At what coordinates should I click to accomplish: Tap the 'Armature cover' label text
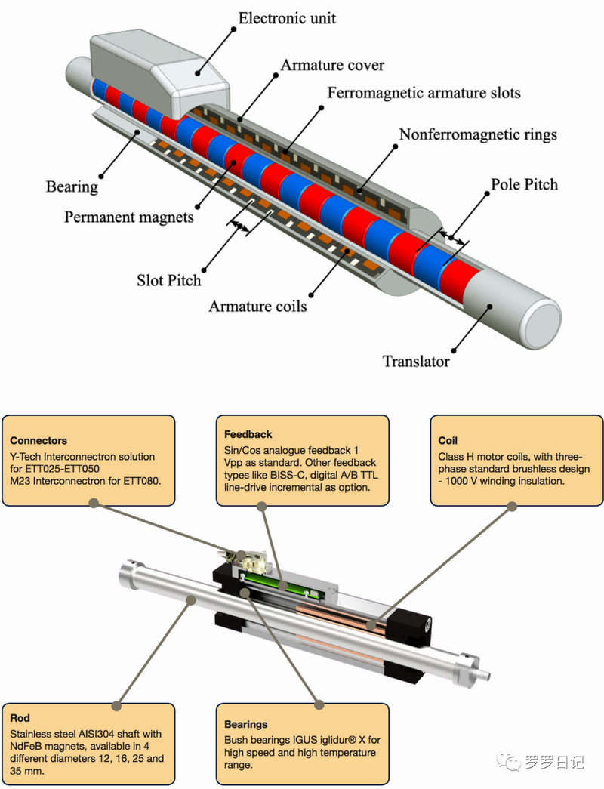click(332, 66)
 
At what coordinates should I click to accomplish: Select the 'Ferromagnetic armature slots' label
click(424, 93)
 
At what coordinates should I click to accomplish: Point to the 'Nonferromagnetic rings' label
click(478, 134)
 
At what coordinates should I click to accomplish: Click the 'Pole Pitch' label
click(524, 184)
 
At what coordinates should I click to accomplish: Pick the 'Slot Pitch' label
click(169, 280)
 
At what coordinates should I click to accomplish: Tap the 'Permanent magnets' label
click(129, 217)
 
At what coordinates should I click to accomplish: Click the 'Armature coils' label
click(257, 306)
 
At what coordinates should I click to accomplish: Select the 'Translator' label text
click(416, 361)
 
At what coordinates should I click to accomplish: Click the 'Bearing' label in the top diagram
click(72, 186)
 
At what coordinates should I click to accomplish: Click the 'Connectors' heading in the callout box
click(39, 440)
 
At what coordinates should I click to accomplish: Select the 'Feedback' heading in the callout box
click(248, 434)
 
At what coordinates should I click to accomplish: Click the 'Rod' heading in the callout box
click(20, 718)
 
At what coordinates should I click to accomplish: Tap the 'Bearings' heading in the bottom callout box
click(246, 725)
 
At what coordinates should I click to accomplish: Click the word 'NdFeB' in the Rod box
click(28, 746)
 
